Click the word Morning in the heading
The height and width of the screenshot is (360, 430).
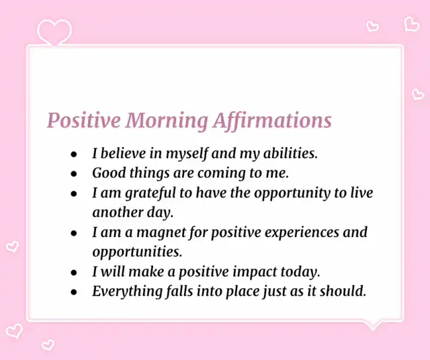(x=167, y=121)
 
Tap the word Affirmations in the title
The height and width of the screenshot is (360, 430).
(x=272, y=120)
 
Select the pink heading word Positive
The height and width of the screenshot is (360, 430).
(x=84, y=120)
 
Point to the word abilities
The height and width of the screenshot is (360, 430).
(x=290, y=153)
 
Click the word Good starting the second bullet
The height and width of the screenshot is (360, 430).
(x=109, y=173)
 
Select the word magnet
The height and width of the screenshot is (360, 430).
(x=161, y=233)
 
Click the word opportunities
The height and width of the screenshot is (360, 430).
(x=137, y=253)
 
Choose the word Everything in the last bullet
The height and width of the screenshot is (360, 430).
(x=127, y=291)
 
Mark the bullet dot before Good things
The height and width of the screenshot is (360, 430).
(x=74, y=174)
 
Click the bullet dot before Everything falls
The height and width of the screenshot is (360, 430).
(x=74, y=292)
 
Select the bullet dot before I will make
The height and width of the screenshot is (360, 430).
(x=74, y=273)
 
